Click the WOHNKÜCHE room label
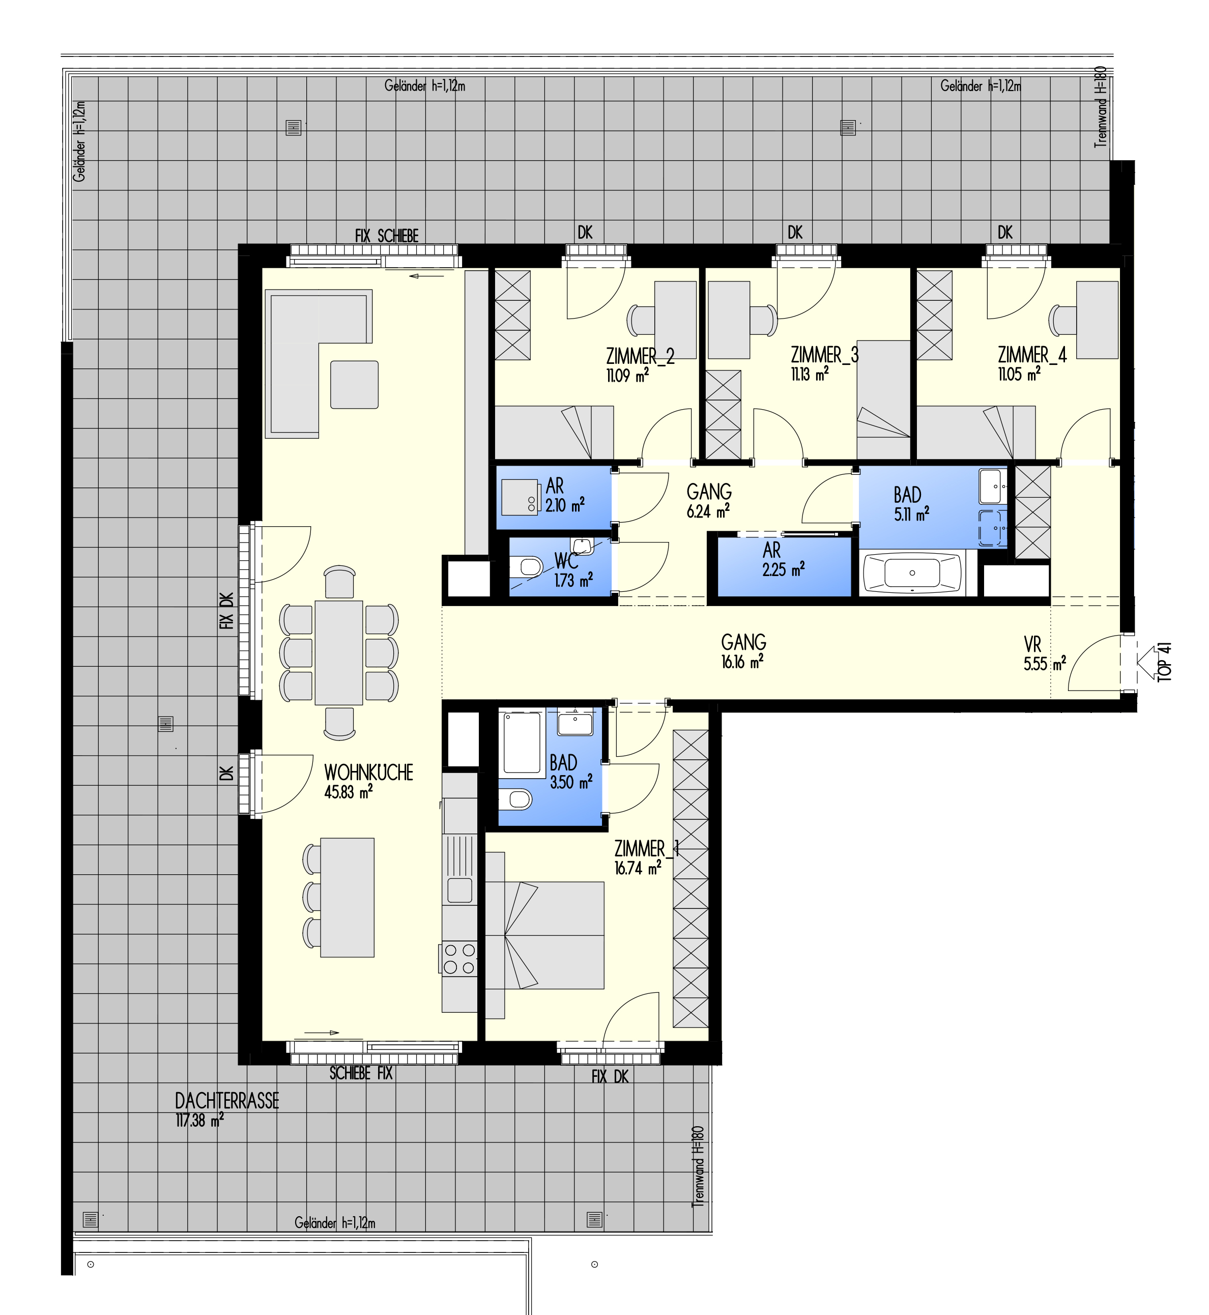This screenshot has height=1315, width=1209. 368,773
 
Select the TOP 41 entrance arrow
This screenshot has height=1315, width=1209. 1147,663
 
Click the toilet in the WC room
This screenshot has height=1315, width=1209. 527,566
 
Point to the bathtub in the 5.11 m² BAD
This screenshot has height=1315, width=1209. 914,573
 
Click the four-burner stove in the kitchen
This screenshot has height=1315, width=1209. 459,958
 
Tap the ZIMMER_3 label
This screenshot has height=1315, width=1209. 824,355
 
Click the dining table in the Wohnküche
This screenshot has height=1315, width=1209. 339,652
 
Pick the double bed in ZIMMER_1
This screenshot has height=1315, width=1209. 545,935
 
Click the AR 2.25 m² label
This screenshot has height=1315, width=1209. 783,559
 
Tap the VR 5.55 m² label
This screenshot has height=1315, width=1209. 1045,654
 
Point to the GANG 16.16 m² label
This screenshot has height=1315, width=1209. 743,651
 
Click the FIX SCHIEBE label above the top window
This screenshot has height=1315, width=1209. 387,236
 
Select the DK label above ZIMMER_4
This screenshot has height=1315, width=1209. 1005,232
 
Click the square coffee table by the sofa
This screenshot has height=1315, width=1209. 354,385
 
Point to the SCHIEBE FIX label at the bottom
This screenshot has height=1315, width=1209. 361,1074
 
